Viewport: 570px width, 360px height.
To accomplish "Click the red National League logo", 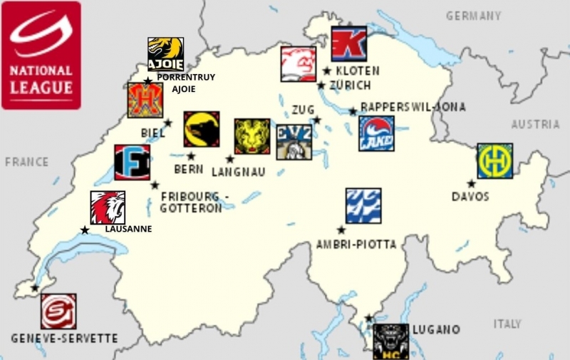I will click(x=41, y=55).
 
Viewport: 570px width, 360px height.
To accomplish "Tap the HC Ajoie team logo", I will click(x=165, y=54).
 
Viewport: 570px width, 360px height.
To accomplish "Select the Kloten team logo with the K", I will click(x=349, y=44).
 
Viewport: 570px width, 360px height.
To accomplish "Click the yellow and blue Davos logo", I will click(x=494, y=160).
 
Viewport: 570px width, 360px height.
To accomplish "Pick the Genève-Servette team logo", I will click(x=58, y=311).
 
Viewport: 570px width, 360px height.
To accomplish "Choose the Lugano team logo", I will click(x=391, y=341).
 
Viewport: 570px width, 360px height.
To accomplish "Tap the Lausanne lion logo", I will click(x=108, y=207).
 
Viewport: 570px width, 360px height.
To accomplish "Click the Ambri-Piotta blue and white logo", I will click(x=363, y=205).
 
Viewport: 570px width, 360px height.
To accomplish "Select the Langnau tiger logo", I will click(x=252, y=136).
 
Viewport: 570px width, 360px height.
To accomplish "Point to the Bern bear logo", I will click(x=201, y=129).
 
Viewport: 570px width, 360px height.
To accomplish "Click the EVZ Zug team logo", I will click(x=294, y=142).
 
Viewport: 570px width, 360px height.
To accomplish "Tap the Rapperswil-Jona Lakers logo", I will click(x=376, y=133).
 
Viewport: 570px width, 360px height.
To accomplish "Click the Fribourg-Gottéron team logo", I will click(x=132, y=163).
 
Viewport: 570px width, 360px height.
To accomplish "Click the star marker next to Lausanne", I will click(x=85, y=230).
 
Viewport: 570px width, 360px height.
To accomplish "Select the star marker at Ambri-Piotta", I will click(x=341, y=230).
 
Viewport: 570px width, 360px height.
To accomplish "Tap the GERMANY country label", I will click(x=473, y=16).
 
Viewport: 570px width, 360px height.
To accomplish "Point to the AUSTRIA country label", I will click(x=535, y=125).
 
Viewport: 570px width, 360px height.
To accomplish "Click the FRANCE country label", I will click(x=26, y=162).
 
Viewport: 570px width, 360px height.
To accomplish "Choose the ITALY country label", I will click(x=507, y=324).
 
